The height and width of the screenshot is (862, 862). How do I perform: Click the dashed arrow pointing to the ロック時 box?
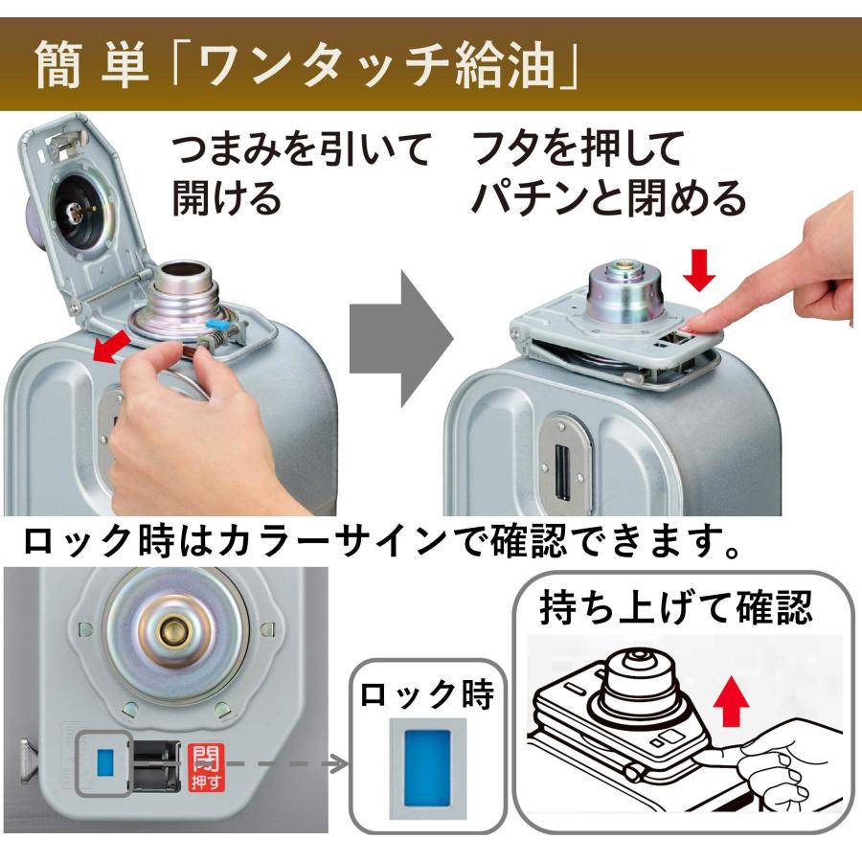coord(287,763)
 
